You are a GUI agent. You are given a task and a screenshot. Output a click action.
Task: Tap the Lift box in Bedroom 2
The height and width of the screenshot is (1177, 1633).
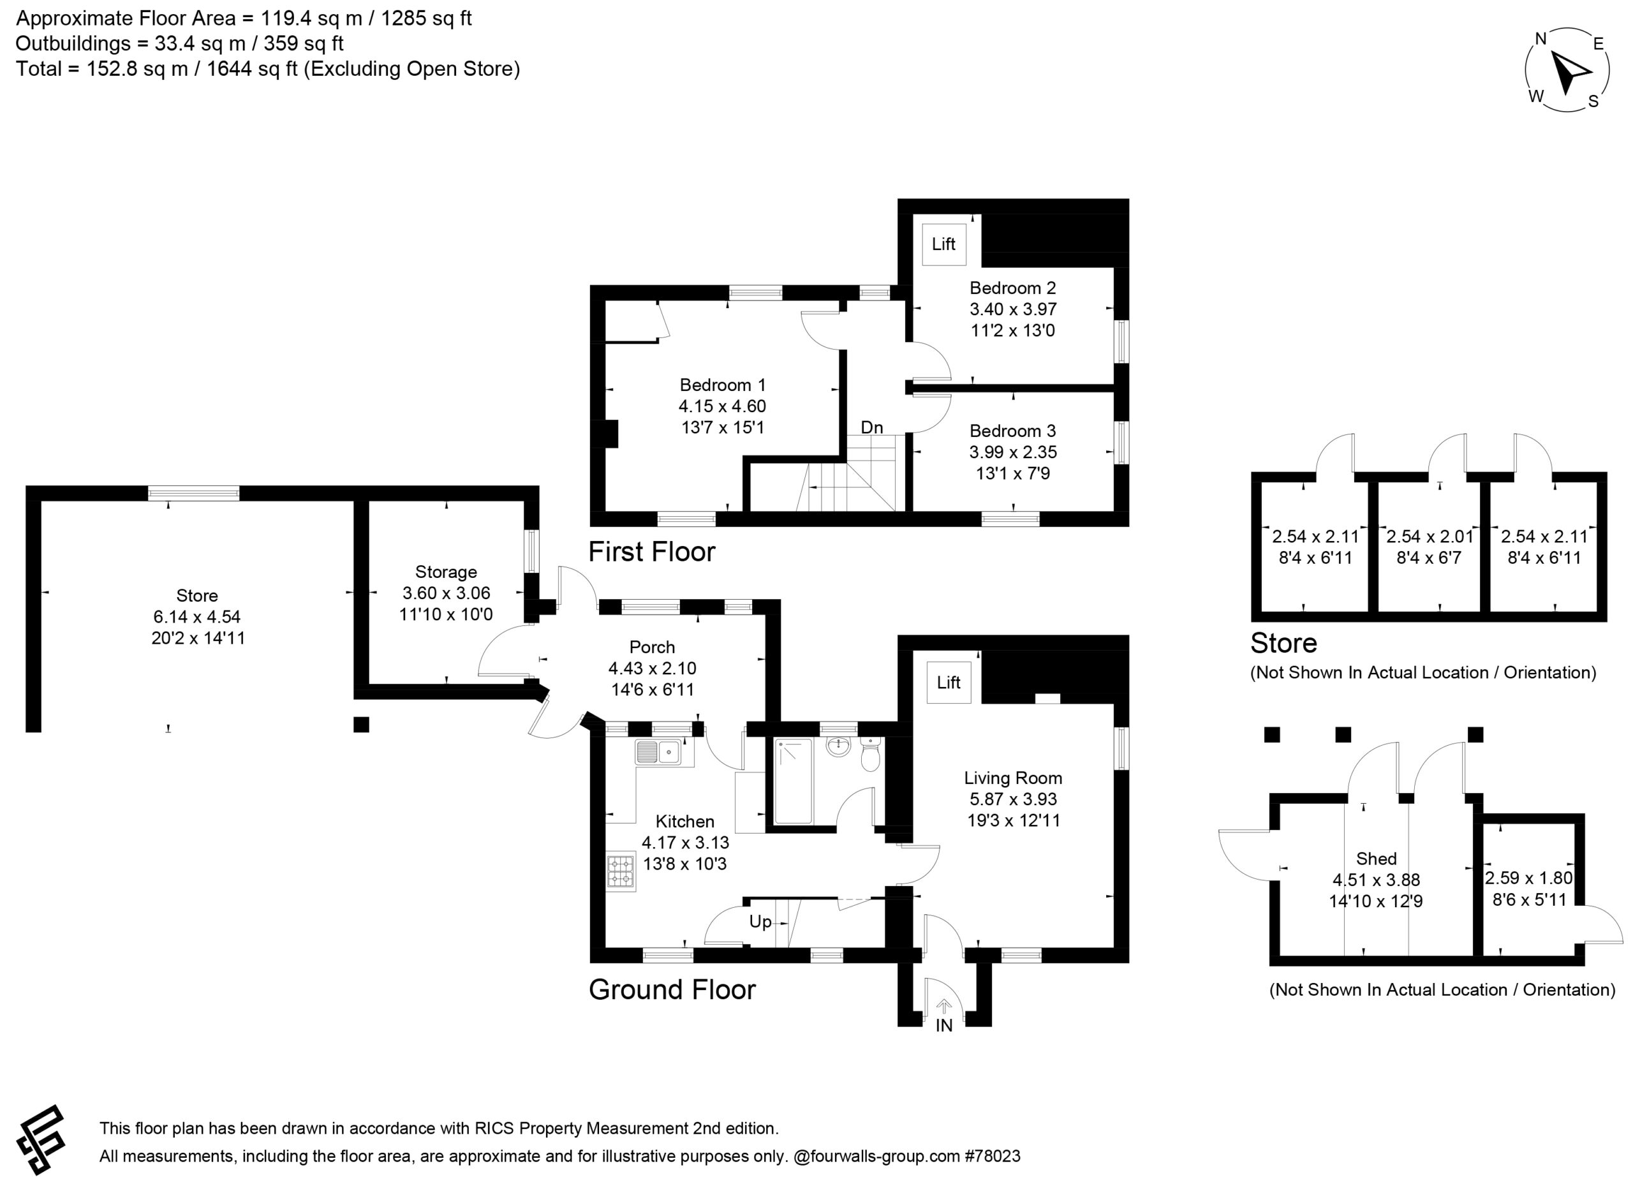click(944, 244)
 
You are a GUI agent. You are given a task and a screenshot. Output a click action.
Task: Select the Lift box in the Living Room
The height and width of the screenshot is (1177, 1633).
click(949, 683)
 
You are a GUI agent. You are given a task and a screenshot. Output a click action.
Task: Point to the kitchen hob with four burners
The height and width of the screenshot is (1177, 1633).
click(621, 872)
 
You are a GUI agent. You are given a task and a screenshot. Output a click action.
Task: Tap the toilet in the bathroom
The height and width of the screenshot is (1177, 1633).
click(870, 753)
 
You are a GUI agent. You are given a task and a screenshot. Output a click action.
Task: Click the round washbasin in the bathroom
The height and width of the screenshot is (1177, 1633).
click(838, 747)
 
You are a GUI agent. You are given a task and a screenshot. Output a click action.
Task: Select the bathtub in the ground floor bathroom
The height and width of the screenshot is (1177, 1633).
click(794, 780)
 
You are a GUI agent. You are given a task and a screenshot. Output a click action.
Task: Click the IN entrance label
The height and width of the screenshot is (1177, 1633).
click(944, 1025)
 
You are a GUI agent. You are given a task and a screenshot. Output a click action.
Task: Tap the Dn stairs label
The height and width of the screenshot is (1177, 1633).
click(872, 427)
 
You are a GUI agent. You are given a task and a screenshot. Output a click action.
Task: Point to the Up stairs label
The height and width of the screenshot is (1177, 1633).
click(760, 922)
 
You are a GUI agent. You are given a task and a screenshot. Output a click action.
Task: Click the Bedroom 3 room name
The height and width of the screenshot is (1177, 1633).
click(1012, 431)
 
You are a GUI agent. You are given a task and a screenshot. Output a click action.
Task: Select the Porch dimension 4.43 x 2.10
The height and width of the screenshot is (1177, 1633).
click(653, 668)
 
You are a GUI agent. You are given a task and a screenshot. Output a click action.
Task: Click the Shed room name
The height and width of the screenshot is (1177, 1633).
click(1376, 858)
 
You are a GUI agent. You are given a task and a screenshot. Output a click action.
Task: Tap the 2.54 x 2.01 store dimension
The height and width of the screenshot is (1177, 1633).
click(1430, 537)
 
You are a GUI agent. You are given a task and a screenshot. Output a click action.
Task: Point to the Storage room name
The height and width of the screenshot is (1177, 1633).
click(446, 572)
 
